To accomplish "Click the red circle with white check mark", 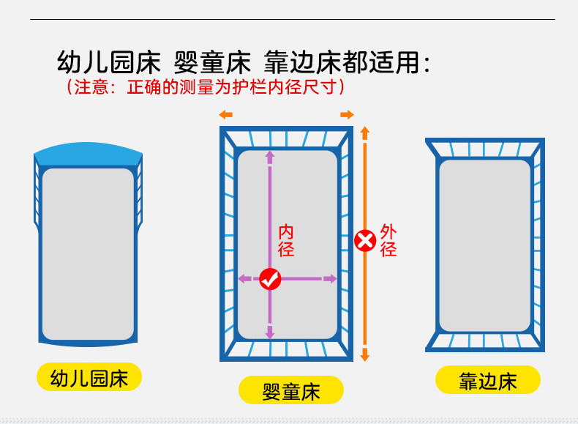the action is [x=271, y=278].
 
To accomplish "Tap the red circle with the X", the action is [x=364, y=240].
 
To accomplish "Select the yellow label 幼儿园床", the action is [x=89, y=379].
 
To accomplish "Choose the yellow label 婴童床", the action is [x=291, y=390].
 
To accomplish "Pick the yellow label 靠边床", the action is [x=488, y=381].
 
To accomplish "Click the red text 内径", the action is [x=286, y=241].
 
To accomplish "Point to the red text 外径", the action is [x=389, y=241].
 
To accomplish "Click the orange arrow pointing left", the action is [x=225, y=115].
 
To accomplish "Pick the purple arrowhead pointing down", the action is [x=270, y=332].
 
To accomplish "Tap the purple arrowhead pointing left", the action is [x=243, y=278].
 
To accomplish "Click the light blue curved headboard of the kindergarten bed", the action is [x=88, y=154].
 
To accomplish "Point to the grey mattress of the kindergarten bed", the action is [x=88, y=253].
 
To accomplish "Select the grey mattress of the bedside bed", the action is [x=484, y=245].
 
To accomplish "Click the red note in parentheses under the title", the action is [x=205, y=87].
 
